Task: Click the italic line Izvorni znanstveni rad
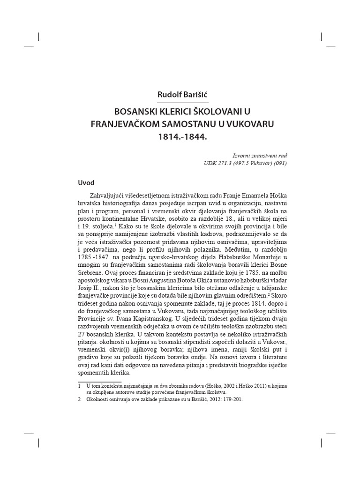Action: [x=260, y=155]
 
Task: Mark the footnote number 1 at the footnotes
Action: [x=78, y=385]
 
